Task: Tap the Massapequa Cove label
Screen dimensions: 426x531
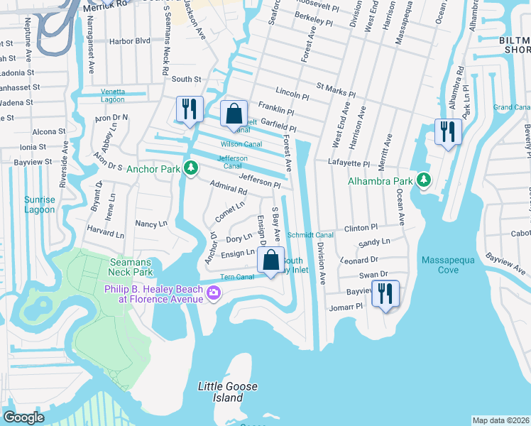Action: (449, 266)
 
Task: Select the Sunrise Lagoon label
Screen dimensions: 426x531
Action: (39, 204)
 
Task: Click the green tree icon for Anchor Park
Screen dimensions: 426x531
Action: (190, 168)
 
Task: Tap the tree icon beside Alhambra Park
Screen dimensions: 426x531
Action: (424, 180)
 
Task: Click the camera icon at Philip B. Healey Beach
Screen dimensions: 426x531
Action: (212, 293)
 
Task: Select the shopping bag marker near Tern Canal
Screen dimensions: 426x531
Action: (271, 261)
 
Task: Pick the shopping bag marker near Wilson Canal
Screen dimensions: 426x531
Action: (234, 114)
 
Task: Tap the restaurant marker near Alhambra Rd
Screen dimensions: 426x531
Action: (448, 132)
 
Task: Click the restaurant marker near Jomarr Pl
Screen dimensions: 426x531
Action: (385, 294)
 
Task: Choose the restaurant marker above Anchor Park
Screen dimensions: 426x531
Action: (190, 109)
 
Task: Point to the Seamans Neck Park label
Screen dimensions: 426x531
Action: (131, 267)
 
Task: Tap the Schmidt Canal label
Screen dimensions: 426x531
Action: (310, 235)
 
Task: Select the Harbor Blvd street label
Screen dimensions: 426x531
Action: (133, 40)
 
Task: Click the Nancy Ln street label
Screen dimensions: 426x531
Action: (151, 223)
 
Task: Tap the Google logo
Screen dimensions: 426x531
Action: (24, 417)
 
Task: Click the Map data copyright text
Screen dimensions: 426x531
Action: (500, 420)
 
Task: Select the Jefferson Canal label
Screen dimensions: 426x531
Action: (232, 162)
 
